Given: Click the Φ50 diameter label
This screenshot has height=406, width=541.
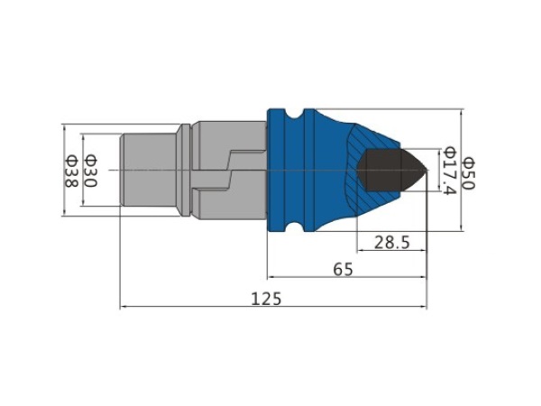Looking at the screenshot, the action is click(469, 173).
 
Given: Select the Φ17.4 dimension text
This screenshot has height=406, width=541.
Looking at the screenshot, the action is click(450, 171).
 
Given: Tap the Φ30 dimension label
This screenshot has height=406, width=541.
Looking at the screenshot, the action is click(91, 171).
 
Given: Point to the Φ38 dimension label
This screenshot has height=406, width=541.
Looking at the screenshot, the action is click(71, 171).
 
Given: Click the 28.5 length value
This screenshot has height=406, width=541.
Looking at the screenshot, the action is click(392, 243).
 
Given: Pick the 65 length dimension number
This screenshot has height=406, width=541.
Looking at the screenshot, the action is click(344, 269).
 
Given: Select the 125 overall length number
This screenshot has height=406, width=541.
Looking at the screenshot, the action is click(266, 299).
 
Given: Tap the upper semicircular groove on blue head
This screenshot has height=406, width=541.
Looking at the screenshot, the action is click(295, 115).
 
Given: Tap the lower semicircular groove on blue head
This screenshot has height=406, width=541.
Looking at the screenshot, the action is click(295, 226).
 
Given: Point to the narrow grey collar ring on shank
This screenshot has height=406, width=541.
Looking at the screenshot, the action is click(185, 170).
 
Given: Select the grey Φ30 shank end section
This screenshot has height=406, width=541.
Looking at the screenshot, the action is click(149, 170).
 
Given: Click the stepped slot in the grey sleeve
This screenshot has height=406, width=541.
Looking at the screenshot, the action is click(229, 170).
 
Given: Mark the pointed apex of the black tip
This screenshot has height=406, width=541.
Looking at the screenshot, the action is click(427, 170).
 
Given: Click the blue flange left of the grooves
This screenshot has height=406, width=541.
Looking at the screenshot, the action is click(277, 170).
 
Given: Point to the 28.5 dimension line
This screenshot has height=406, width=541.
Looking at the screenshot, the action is click(392, 250).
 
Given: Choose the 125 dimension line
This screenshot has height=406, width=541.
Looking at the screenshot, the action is click(273, 307).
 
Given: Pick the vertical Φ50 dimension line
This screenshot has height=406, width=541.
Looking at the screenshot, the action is click(462, 170).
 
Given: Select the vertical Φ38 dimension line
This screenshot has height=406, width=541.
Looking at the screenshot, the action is click(64, 170).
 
